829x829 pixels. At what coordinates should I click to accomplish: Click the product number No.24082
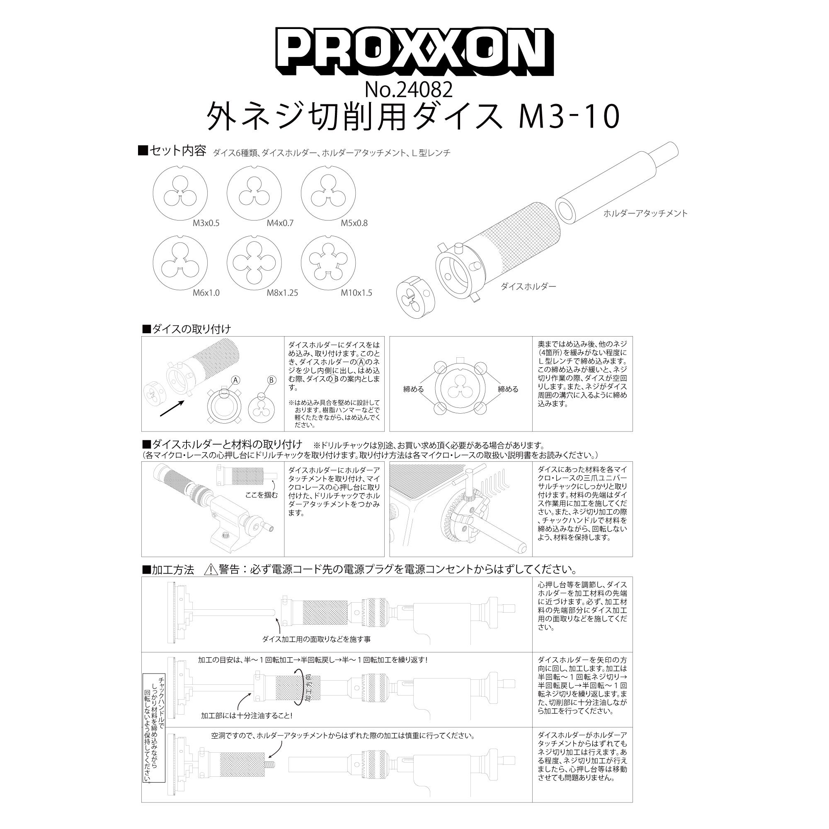tap(409, 90)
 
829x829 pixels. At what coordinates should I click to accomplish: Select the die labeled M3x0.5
tap(180, 193)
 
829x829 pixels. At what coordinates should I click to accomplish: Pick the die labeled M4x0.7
tap(255, 193)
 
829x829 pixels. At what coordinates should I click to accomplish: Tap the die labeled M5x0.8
tap(329, 193)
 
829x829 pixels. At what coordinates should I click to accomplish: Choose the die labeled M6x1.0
tap(180, 263)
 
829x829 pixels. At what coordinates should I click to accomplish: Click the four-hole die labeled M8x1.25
tap(255, 263)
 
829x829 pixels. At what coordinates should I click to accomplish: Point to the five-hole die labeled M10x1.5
tap(329, 263)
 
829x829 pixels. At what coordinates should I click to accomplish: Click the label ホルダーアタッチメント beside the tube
tap(645, 213)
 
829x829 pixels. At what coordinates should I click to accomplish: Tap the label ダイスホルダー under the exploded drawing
tap(528, 286)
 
